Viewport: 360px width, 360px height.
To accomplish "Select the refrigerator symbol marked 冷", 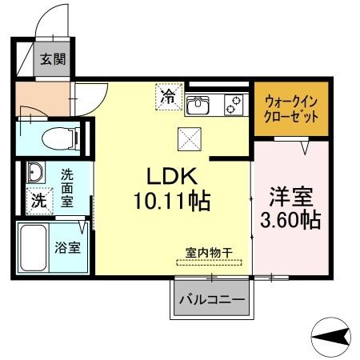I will coord(168,98).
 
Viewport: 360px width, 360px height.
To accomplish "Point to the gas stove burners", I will coord(234,102).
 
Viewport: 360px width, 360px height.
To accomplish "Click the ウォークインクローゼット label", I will coord(290,107).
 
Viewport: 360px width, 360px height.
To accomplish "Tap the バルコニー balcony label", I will coord(211,302).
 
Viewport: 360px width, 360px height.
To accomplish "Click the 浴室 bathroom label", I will coord(67,247).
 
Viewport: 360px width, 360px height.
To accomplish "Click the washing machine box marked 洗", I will coord(38,202).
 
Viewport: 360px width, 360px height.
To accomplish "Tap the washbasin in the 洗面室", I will coord(35,173).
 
